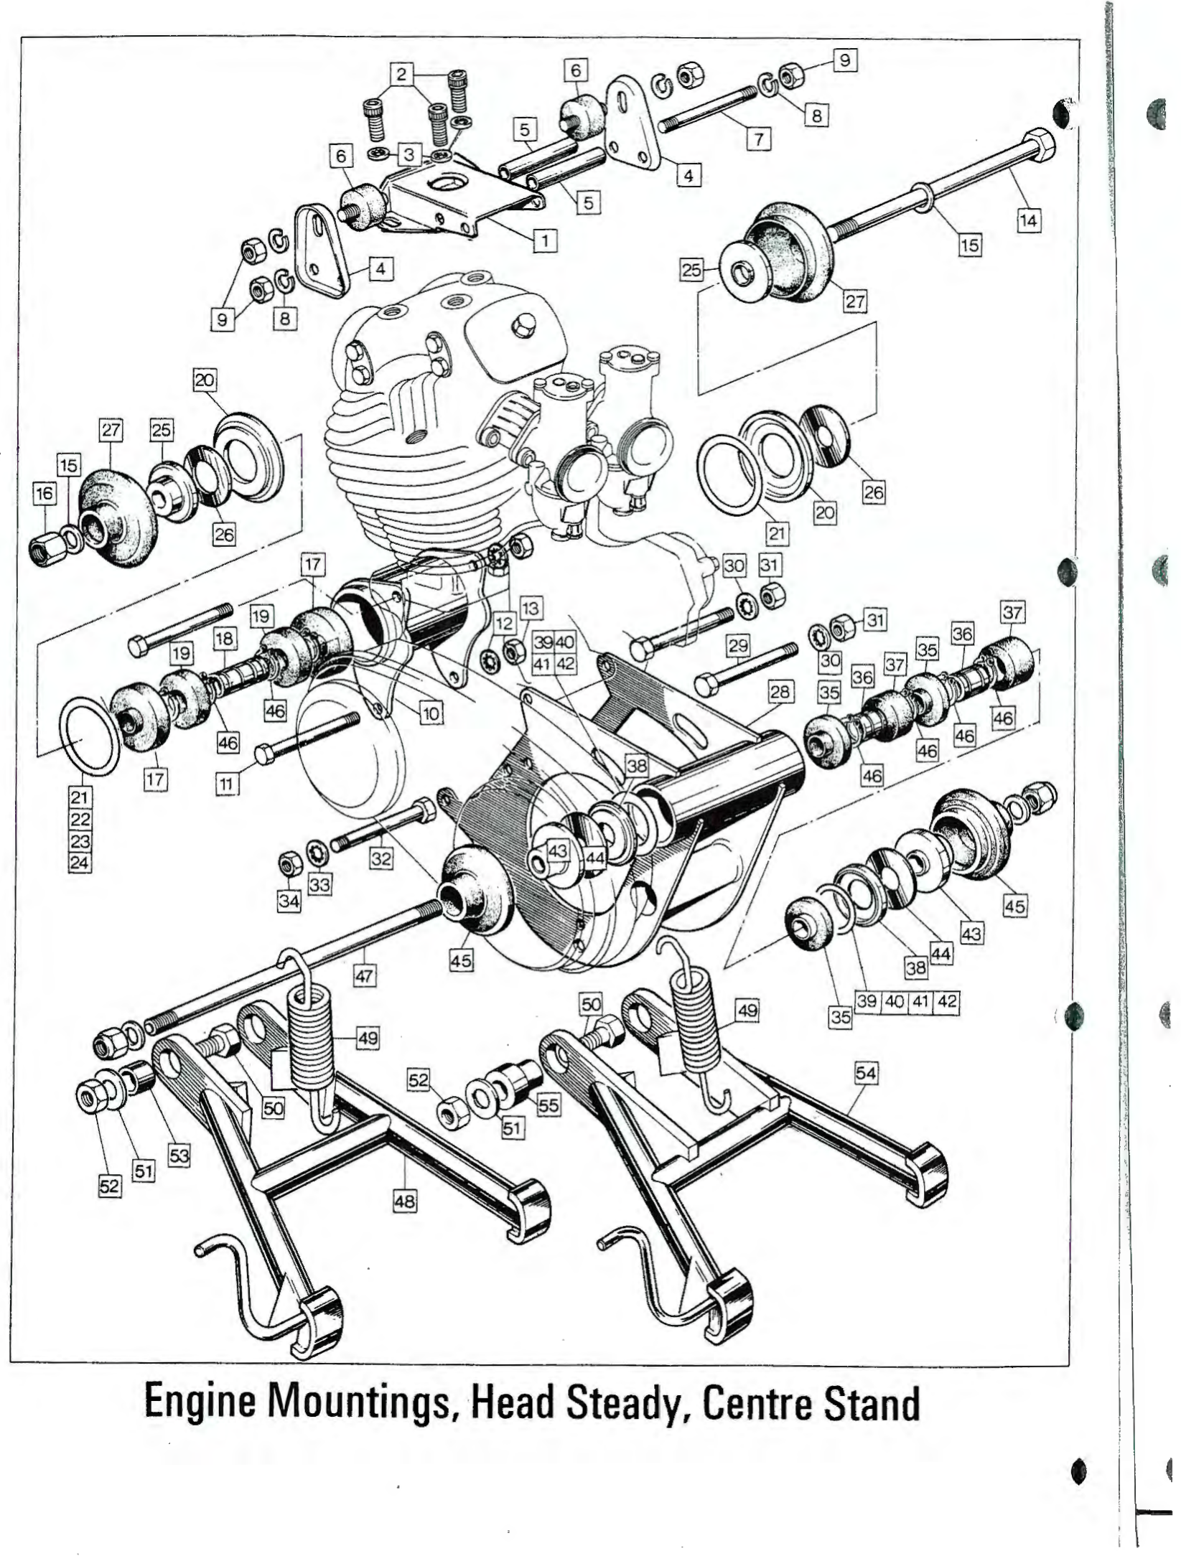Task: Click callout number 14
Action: (1028, 220)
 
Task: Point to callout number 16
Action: (44, 493)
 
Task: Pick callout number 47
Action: (365, 975)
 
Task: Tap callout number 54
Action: (866, 1074)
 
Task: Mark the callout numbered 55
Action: (548, 1105)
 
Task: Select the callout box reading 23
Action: (80, 840)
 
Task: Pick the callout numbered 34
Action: (289, 900)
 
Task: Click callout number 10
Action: (430, 713)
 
